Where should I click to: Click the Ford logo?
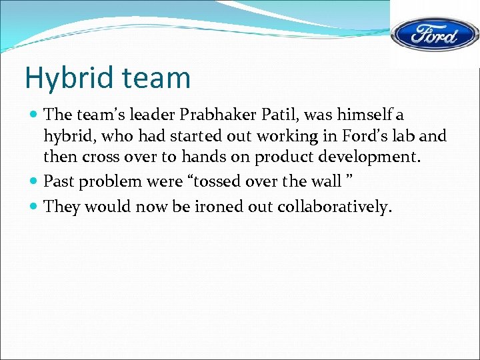433,34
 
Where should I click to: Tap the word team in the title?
155,79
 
